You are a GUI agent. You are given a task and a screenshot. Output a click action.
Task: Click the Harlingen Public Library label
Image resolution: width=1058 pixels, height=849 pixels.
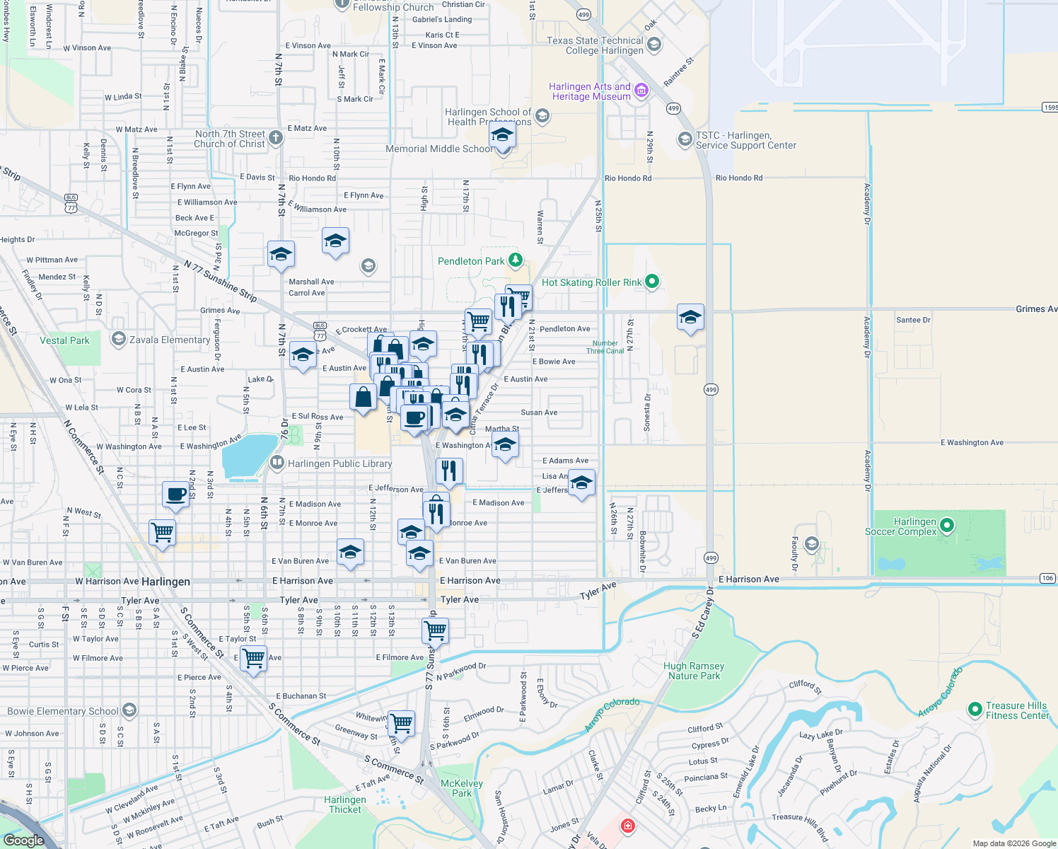(339, 464)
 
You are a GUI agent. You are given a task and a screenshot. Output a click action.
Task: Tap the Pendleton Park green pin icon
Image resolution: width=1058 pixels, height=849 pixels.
(516, 261)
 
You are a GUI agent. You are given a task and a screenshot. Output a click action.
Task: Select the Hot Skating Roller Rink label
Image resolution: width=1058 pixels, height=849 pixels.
(591, 282)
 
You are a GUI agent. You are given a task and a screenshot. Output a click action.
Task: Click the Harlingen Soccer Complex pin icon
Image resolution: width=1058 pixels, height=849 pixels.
(947, 526)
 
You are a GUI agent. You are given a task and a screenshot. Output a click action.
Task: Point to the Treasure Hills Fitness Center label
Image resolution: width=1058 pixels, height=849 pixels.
(1017, 710)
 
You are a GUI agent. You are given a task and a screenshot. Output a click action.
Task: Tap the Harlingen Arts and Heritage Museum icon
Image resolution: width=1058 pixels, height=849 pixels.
(641, 90)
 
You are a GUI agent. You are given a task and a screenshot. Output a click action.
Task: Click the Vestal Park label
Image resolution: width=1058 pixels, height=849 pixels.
(64, 340)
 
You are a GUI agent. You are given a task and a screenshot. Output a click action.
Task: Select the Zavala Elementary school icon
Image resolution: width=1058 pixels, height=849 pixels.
(119, 340)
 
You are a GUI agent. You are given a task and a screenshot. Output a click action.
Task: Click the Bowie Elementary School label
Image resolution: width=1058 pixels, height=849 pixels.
(63, 711)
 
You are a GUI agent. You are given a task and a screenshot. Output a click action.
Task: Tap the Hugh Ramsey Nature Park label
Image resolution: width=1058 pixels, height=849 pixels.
(694, 671)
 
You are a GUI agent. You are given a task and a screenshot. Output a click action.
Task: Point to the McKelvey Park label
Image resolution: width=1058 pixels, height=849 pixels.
(462, 788)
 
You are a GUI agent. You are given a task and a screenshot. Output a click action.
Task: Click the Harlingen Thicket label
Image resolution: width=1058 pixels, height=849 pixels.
(345, 804)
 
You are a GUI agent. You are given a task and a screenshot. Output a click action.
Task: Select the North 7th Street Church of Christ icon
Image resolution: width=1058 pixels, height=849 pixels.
(276, 138)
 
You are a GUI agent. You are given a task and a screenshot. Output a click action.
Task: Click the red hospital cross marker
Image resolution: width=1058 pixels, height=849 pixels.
(627, 826)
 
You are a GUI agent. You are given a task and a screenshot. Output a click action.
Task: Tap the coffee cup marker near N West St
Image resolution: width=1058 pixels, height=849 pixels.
(175, 494)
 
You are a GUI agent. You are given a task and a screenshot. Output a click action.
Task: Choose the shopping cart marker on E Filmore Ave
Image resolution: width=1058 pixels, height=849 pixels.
(253, 659)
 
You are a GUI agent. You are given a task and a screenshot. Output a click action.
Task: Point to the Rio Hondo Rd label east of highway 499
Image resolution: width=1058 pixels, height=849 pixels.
(739, 178)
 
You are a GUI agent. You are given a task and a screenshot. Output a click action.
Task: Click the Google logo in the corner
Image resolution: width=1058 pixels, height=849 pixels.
(23, 841)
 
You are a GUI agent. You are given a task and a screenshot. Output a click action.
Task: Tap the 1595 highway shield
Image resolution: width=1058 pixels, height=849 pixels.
(1050, 108)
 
